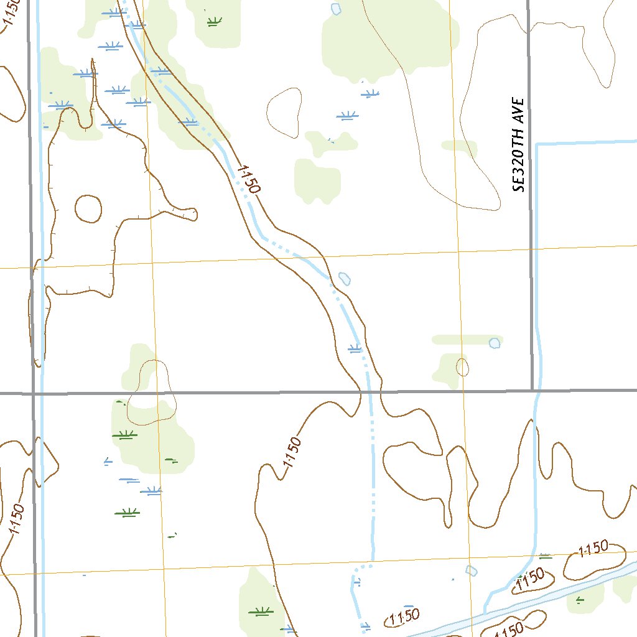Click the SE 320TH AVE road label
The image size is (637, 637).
519,145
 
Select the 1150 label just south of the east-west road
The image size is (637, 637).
292,458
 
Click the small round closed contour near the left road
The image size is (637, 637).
88,208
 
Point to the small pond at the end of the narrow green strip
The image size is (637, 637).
495,343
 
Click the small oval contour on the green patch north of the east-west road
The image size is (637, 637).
462,367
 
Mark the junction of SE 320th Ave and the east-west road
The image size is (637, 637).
533,391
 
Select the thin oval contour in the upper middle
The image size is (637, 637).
285,113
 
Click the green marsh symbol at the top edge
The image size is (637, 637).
214,22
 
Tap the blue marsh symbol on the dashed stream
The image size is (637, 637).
355,348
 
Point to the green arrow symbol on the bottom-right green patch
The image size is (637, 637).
580,600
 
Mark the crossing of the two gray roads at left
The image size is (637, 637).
32,393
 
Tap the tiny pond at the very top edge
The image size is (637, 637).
336,9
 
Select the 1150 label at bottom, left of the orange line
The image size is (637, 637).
403,618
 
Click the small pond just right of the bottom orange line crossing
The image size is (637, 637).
472,570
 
